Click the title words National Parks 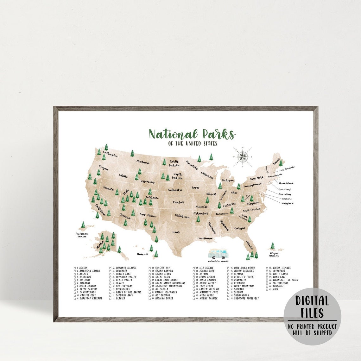192,134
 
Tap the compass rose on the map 243,156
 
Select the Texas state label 176,232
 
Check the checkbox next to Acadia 75,268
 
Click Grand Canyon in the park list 164,271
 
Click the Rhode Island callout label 286,183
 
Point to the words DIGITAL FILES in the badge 312,307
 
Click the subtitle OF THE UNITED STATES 193,143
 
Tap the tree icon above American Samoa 83,225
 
